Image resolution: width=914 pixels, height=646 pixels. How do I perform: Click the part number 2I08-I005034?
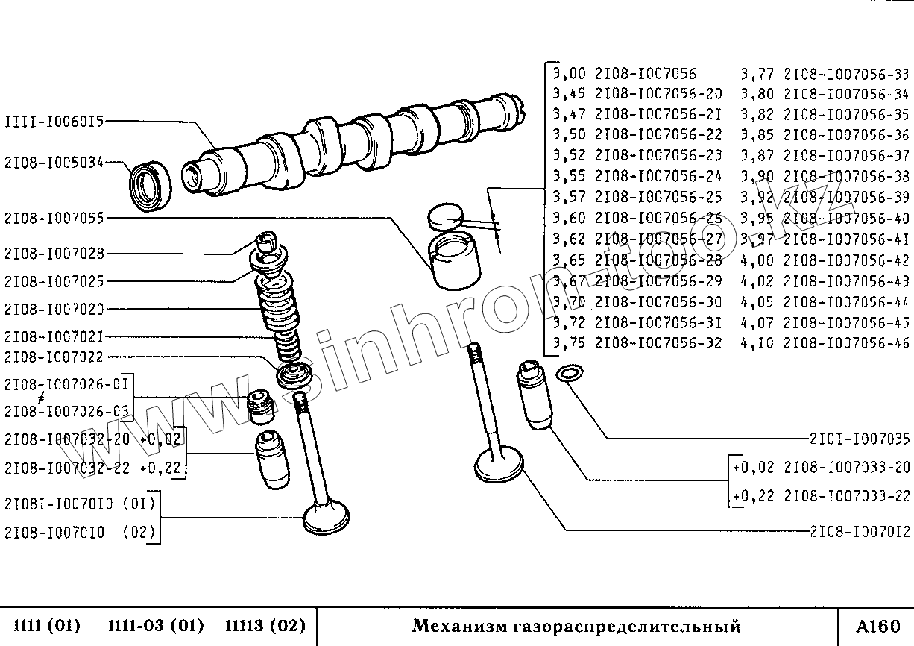coord(54,161)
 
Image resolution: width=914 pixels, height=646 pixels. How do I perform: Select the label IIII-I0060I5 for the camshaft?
coord(54,120)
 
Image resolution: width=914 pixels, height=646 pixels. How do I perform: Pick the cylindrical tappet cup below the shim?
coord(456,261)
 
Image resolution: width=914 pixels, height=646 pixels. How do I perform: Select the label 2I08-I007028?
coord(54,254)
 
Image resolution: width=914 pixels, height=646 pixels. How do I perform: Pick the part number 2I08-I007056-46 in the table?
coord(848,344)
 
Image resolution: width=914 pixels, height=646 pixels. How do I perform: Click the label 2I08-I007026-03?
coord(67,411)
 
